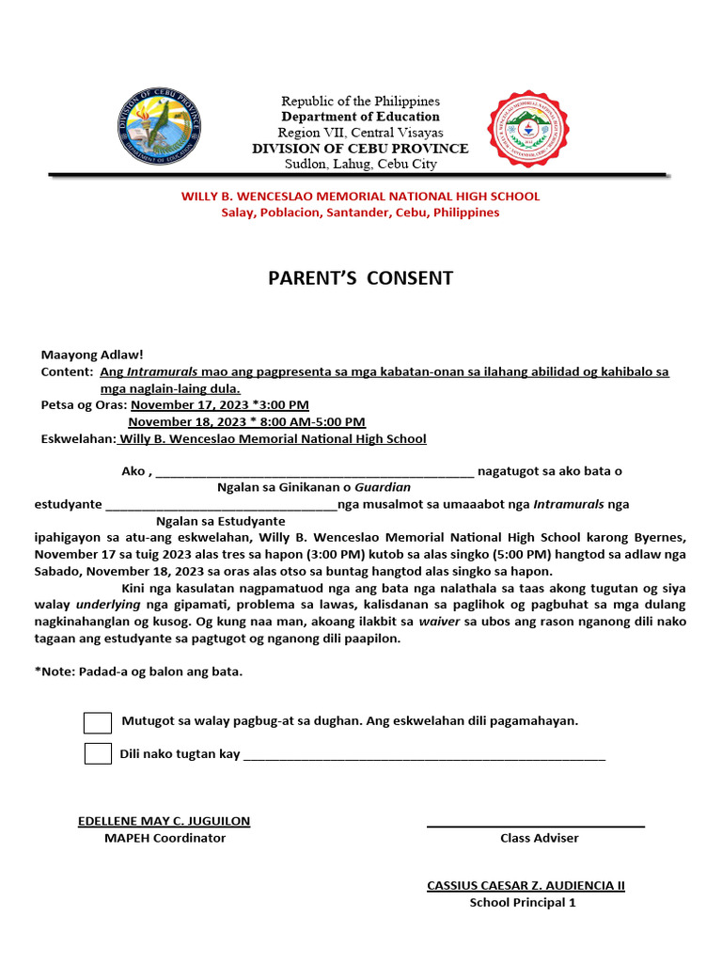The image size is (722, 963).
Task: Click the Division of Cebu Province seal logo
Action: click(x=158, y=126)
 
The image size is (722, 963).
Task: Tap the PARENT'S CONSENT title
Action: click(x=361, y=278)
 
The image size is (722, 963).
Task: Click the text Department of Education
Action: click(x=360, y=117)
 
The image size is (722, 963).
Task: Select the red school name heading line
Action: click(x=360, y=197)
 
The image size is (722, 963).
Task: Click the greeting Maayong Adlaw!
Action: click(x=92, y=355)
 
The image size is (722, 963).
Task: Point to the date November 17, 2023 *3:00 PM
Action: click(x=219, y=404)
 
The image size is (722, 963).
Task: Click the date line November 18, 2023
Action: click(x=246, y=421)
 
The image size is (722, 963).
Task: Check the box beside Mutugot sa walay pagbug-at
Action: click(x=98, y=722)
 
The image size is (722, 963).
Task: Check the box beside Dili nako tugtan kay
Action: click(x=98, y=753)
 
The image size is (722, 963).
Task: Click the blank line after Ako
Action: click(x=314, y=473)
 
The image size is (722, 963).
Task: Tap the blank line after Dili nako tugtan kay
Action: click(x=424, y=756)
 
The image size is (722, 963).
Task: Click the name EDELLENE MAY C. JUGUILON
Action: click(x=164, y=821)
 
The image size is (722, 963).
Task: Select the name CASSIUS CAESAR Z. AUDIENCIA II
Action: click(x=526, y=885)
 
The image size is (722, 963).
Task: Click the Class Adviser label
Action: click(x=539, y=838)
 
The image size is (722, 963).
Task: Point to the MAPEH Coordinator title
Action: click(x=165, y=838)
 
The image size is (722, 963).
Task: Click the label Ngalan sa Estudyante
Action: click(x=221, y=521)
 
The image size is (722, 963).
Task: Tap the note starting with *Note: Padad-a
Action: click(x=138, y=671)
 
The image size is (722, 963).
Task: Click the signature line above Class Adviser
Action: click(x=536, y=826)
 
